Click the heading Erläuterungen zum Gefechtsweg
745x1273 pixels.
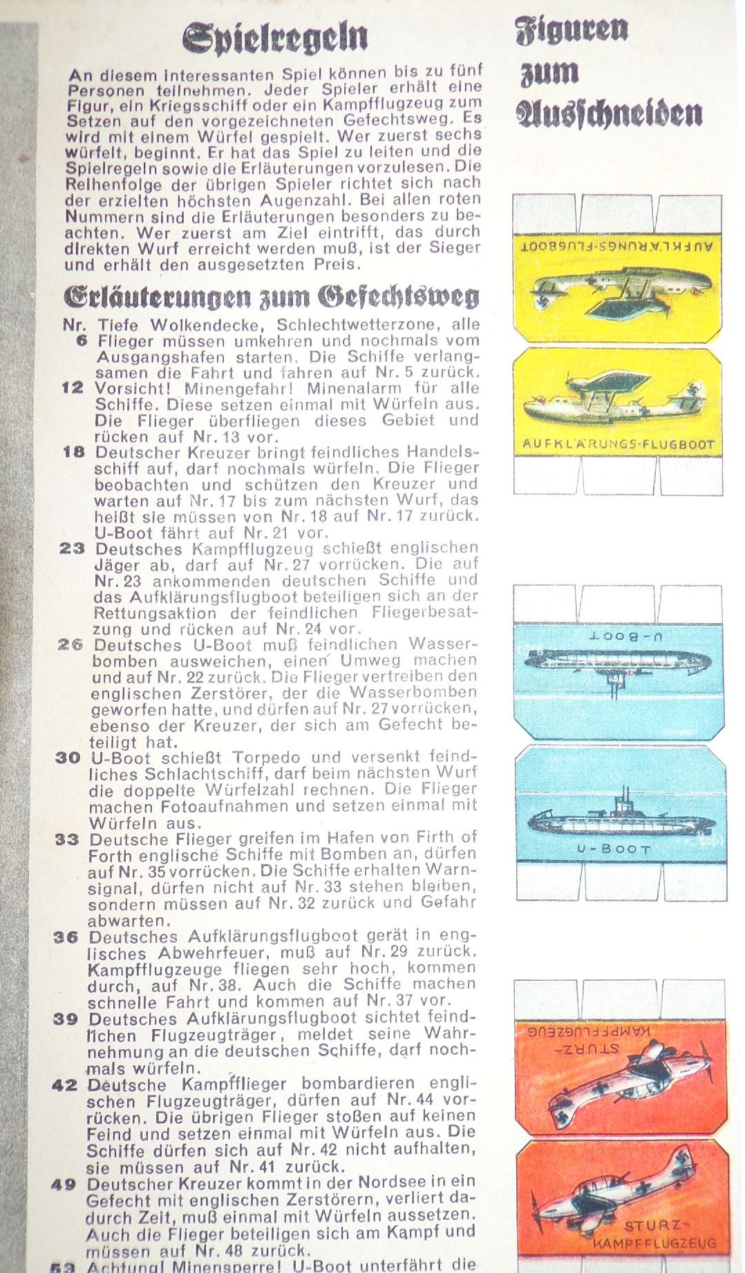271,296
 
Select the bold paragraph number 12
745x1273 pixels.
73,388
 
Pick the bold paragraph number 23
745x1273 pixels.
73,549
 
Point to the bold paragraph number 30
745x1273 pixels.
69,758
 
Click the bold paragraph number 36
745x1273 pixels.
67,938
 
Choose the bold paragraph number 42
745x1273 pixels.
65,1085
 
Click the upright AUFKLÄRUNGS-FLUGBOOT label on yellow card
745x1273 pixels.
617,444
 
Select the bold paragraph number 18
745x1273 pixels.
73,452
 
